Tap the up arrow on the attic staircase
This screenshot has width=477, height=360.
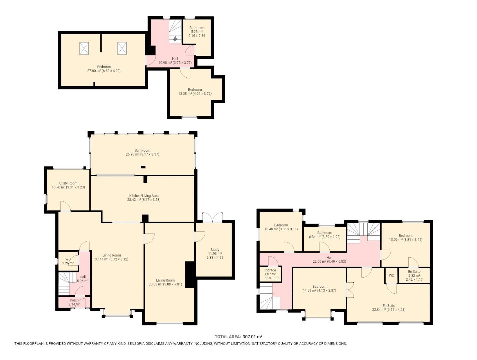tap(175, 39)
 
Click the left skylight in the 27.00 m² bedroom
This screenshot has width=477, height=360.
tap(84, 48)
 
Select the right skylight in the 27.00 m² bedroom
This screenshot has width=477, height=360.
tap(122, 48)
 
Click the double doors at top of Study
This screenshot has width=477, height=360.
tap(212, 218)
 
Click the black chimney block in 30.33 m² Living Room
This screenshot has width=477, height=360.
tap(189, 275)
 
